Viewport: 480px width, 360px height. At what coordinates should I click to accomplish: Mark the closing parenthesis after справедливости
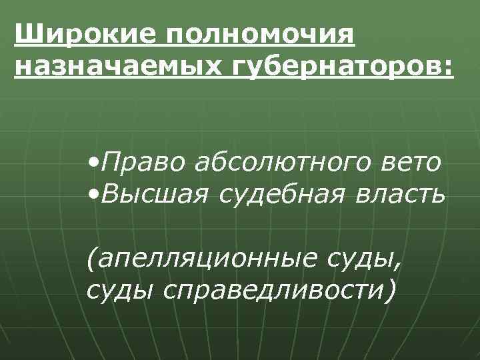click(x=389, y=291)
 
